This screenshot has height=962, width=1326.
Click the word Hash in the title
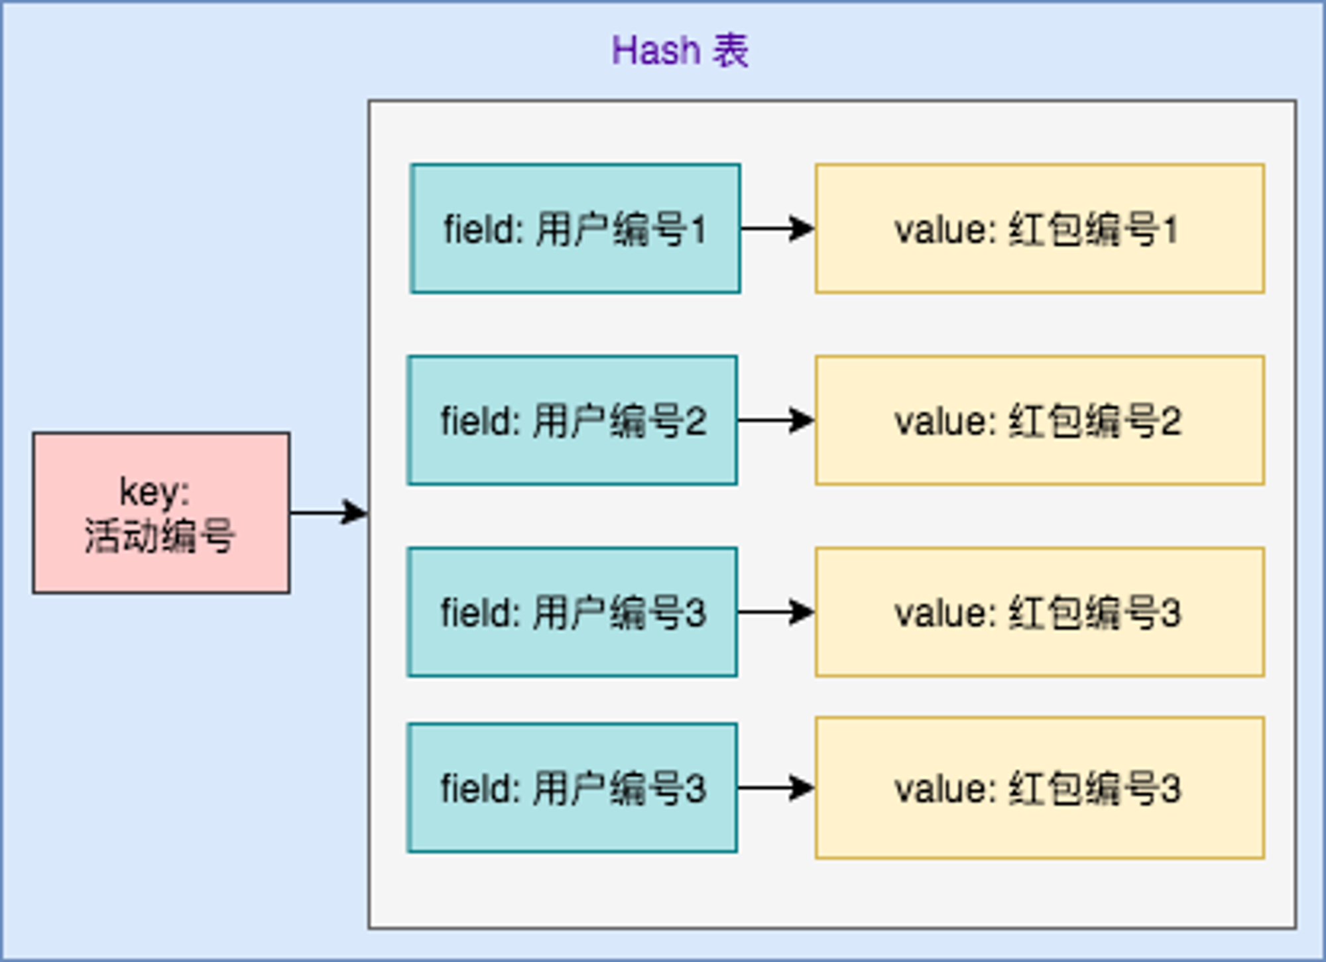(656, 50)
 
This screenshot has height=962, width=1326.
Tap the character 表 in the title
(731, 50)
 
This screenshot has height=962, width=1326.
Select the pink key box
(161, 512)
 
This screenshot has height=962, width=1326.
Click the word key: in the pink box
(154, 492)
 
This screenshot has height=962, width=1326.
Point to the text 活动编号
(160, 535)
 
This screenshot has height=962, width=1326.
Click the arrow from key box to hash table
(329, 512)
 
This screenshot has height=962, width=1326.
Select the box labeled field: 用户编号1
(575, 228)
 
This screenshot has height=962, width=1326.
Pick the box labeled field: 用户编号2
(573, 420)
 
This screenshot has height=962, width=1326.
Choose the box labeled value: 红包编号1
(1040, 228)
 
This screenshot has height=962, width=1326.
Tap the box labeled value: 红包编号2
(1040, 420)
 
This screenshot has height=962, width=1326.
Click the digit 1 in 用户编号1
(698, 229)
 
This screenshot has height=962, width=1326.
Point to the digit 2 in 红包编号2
(1171, 421)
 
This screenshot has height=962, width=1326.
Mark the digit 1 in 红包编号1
(1170, 230)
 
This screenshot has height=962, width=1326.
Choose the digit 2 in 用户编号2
(696, 421)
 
